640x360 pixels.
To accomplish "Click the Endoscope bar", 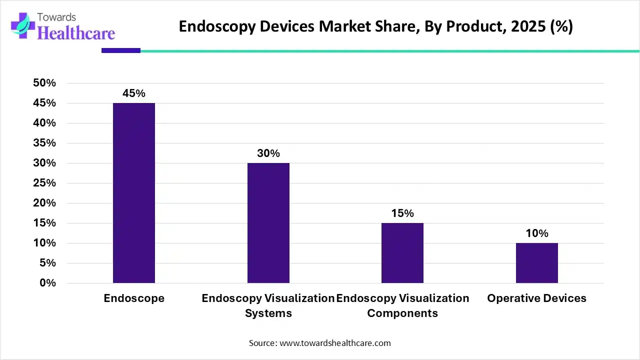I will tap(134, 193).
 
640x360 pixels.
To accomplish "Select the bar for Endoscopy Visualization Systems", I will tap(268, 223).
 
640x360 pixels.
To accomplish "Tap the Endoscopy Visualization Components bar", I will tap(402, 253).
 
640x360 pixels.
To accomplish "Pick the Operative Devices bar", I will tap(536, 263).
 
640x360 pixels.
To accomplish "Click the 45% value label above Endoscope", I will tap(134, 93).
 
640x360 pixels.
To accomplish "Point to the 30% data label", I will tap(268, 153).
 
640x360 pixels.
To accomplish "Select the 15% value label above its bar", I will tap(402, 213).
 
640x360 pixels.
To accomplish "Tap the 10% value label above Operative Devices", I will tap(537, 233).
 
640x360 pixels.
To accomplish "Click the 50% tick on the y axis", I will tap(44, 83).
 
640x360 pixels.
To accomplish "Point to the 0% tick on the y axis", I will tap(48, 283).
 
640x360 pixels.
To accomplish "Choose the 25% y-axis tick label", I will tap(44, 183).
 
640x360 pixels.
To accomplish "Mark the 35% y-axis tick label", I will tap(44, 143).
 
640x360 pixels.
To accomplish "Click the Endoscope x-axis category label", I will tap(134, 298).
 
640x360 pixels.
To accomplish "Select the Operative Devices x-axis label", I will tap(536, 298).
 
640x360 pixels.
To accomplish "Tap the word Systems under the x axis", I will tap(268, 313).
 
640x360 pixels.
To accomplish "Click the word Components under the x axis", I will tap(402, 313).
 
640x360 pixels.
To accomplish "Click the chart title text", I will tap(375, 26).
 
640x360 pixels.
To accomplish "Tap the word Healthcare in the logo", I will tap(76, 33).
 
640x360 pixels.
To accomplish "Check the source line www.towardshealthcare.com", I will tap(320, 343).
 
